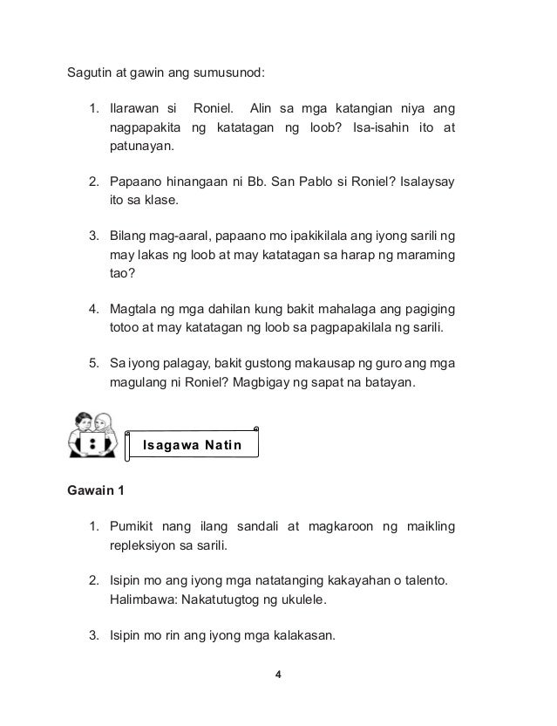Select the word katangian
343,109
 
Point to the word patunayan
141,147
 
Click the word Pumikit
136,528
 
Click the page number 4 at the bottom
278,675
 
